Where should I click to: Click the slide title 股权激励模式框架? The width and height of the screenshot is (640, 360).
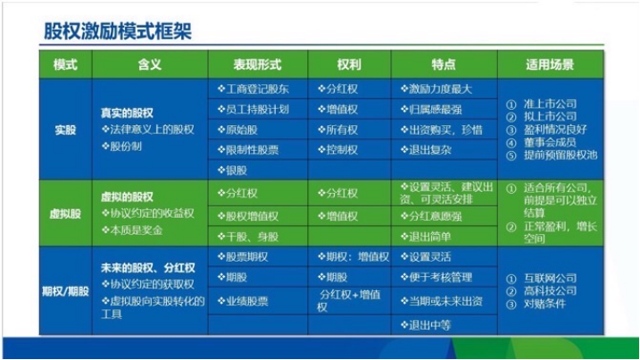(x=118, y=31)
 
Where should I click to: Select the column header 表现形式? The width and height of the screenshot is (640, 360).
(x=257, y=65)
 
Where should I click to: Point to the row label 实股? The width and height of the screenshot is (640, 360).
(x=65, y=129)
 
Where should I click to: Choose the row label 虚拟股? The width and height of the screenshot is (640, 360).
(x=65, y=214)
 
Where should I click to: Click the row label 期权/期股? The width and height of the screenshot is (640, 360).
(x=65, y=290)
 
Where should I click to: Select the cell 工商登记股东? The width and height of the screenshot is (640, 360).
(x=258, y=89)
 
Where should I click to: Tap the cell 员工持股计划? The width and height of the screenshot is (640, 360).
(x=258, y=109)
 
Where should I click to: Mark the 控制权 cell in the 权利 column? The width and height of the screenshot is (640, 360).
(x=340, y=149)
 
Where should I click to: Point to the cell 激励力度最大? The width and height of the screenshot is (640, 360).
(x=438, y=89)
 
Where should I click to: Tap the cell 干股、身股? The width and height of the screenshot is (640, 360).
(x=251, y=236)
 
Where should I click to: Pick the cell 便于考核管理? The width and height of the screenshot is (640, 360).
(x=441, y=279)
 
